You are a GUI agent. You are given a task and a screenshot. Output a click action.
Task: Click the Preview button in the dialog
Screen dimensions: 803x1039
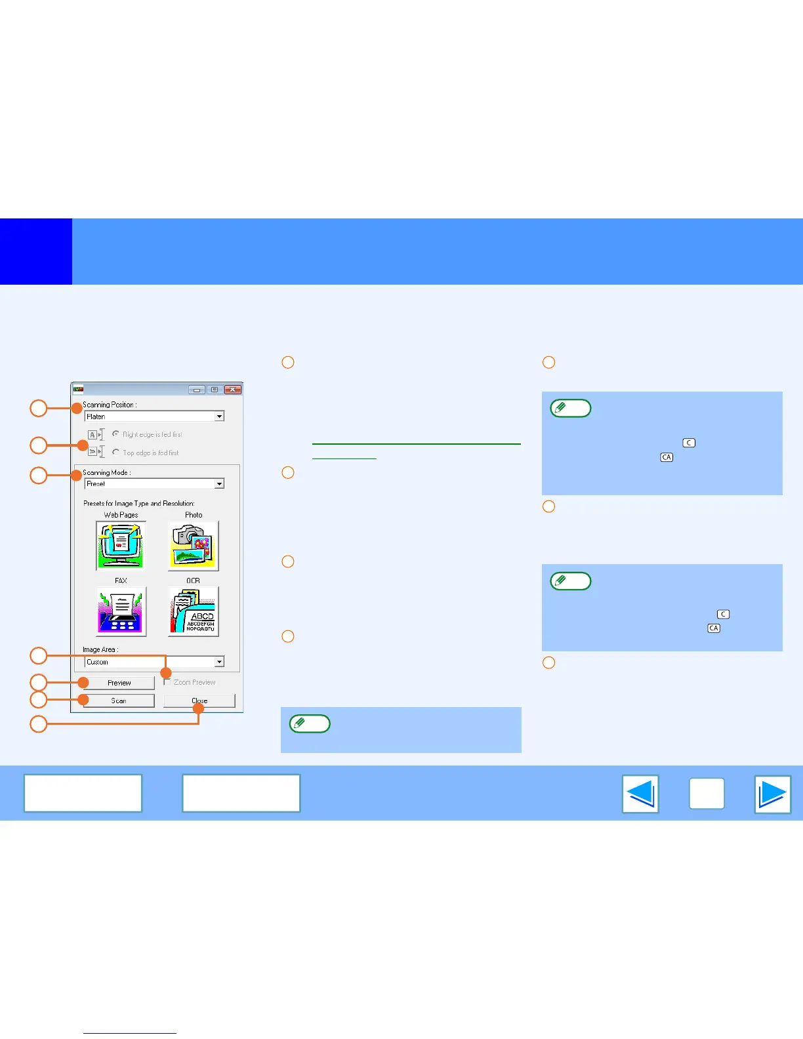click(x=119, y=683)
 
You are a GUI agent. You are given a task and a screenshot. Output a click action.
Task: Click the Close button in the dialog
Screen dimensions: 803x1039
click(x=199, y=701)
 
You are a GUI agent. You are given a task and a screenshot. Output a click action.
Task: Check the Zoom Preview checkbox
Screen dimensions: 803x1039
click(x=167, y=682)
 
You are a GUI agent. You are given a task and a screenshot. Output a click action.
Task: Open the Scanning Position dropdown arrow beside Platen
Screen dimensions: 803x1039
click(x=220, y=417)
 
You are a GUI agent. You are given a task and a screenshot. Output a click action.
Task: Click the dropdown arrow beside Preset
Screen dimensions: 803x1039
click(x=220, y=483)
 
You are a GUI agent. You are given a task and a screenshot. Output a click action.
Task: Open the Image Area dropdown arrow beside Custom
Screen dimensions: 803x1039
click(x=220, y=662)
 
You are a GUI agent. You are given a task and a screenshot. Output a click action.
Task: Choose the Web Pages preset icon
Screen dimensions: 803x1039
click(x=121, y=546)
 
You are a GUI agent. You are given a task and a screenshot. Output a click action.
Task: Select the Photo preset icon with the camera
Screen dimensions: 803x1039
click(x=193, y=546)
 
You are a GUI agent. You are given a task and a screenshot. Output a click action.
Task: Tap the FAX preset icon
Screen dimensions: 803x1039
click(x=121, y=611)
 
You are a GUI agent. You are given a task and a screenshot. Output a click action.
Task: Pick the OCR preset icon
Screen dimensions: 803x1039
click(x=193, y=611)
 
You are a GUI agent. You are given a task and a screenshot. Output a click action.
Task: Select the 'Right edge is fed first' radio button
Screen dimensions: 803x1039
click(x=116, y=434)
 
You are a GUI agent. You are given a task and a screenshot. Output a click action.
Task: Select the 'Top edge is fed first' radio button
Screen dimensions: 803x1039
click(x=116, y=453)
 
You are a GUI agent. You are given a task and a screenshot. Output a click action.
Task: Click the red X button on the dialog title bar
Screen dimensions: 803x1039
click(x=233, y=390)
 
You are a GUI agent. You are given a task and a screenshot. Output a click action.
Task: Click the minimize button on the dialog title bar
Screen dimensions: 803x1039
click(x=197, y=390)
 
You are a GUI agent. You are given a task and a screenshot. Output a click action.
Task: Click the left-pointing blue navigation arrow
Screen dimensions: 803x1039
click(x=640, y=794)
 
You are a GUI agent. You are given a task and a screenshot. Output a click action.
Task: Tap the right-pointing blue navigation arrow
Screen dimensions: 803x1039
click(x=773, y=794)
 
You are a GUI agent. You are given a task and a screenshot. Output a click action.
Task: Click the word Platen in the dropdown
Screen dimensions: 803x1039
click(x=96, y=417)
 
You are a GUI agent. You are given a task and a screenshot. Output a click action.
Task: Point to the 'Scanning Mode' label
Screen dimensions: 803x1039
click(x=106, y=472)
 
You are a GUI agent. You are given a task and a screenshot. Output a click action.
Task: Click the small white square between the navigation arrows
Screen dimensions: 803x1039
click(x=707, y=794)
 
